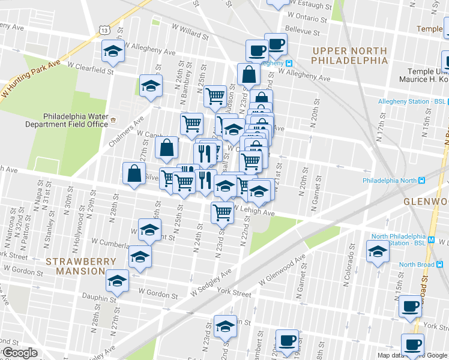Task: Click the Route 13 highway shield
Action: click(105, 29)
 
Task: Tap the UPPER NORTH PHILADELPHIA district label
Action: click(350, 55)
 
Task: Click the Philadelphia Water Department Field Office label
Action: click(75, 120)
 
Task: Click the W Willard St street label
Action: click(189, 31)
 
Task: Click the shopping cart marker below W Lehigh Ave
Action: click(222, 211)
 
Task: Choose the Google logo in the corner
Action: click(19, 353)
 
